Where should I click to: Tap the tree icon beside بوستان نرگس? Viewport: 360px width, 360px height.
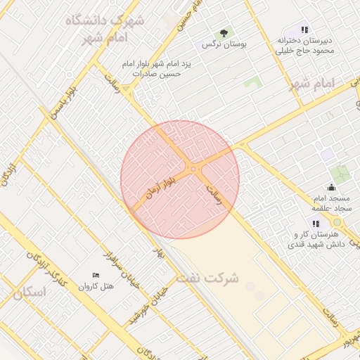pyautogui.click(x=224, y=32)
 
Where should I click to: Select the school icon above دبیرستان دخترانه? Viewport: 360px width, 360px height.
pyautogui.click(x=304, y=30)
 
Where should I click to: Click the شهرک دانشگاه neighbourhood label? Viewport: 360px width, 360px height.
pyautogui.click(x=105, y=21)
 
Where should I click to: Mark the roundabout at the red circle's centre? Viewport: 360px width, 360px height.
pyautogui.click(x=193, y=169)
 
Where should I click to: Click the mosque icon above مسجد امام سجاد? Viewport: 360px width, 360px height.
pyautogui.click(x=332, y=187)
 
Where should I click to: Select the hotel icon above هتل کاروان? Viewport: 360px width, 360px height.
pyautogui.click(x=96, y=274)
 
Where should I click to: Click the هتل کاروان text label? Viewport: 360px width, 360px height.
pyautogui.click(x=96, y=286)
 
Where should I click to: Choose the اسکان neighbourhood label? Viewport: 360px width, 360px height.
pyautogui.click(x=28, y=292)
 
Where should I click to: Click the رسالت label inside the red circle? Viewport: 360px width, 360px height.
pyautogui.click(x=219, y=194)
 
